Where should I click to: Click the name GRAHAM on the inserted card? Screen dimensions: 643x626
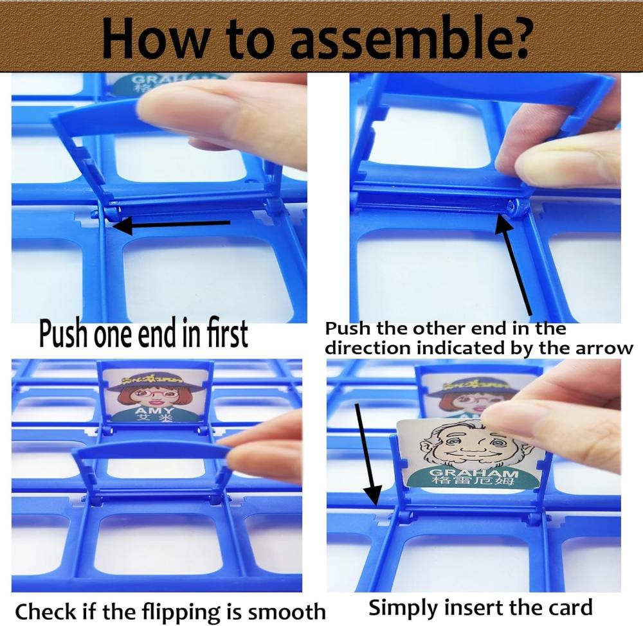coord(474,472)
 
